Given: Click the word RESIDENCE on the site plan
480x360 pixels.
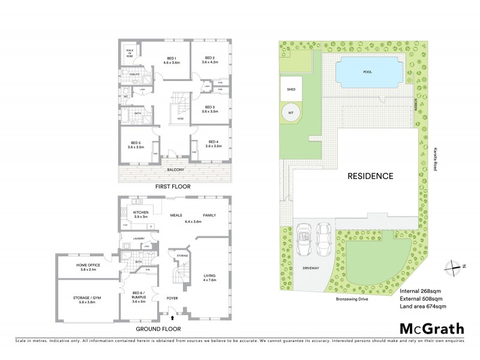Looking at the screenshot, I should pyautogui.click(x=370, y=176).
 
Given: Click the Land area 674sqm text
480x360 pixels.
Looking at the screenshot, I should pyautogui.click(x=422, y=306).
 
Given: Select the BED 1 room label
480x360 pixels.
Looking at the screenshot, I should pyautogui.click(x=171, y=59).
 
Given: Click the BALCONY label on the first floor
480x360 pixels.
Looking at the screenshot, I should pyautogui.click(x=175, y=170).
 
